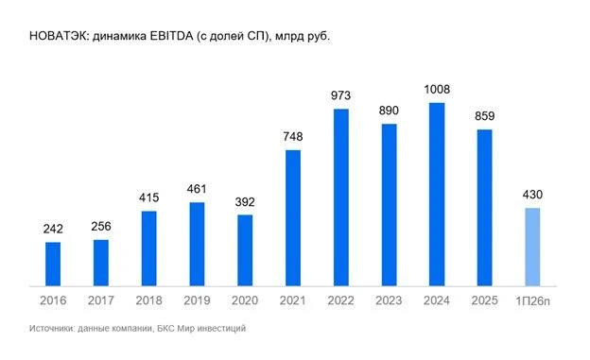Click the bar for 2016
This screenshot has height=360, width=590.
point(53,264)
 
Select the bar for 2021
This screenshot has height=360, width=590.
point(293,218)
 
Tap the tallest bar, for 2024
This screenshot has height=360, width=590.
point(437,195)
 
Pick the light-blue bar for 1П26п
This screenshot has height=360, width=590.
point(532,248)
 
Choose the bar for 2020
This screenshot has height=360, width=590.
point(245,250)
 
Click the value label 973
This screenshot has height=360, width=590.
point(341,95)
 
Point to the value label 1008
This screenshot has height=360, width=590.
point(437,90)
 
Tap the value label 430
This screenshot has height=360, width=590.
point(532,195)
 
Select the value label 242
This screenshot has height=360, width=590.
point(53,229)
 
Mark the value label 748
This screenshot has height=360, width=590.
point(293,137)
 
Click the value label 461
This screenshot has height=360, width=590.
point(197,189)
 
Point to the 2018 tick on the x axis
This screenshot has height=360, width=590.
point(149,300)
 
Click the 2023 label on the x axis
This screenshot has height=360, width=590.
point(389,300)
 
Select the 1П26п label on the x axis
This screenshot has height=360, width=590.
point(532,300)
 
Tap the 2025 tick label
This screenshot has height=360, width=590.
point(485,300)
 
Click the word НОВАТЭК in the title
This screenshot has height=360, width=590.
point(59,36)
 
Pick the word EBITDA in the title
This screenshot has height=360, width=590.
point(171,36)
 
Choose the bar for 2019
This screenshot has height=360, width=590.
point(197,244)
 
